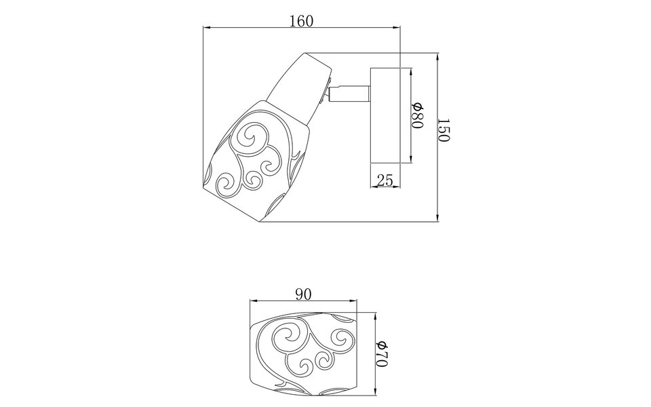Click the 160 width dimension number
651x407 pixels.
301,20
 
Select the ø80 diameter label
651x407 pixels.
418,116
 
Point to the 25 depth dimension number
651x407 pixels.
385,180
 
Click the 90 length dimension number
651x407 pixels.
303,294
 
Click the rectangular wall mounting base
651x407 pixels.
385,116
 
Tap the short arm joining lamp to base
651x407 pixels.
350,92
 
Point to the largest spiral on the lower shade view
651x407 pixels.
288,337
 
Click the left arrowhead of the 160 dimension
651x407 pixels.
207,28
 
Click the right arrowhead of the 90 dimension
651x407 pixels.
353,301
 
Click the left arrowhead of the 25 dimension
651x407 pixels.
372,188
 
